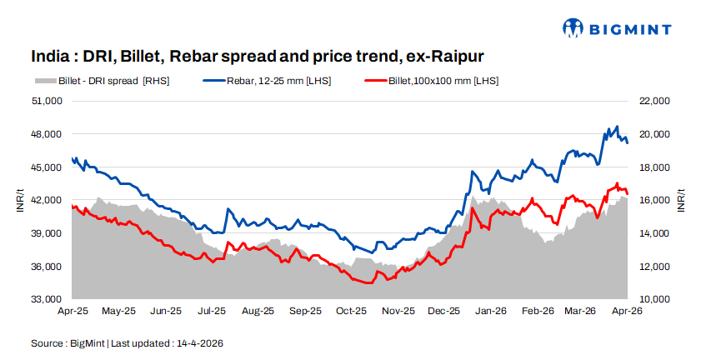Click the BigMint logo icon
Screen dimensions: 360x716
pyautogui.click(x=573, y=28)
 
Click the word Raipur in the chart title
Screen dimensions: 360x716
pyautogui.click(x=456, y=57)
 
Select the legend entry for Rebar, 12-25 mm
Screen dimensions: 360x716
pyautogui.click(x=267, y=81)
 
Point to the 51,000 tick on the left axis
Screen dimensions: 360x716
pyautogui.click(x=48, y=101)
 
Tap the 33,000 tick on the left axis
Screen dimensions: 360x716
pyautogui.click(x=48, y=299)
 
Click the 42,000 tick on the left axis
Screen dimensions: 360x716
pyautogui.click(x=48, y=200)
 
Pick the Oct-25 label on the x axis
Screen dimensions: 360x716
pyautogui.click(x=351, y=311)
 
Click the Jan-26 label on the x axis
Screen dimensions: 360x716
pyautogui.click(x=490, y=311)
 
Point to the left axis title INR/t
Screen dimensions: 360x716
pyautogui.click(x=19, y=200)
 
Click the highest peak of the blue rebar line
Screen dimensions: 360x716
pyautogui.click(x=617, y=127)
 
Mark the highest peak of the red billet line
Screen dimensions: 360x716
pyautogui.click(x=618, y=183)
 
